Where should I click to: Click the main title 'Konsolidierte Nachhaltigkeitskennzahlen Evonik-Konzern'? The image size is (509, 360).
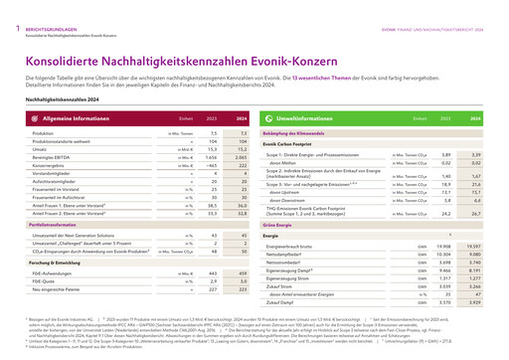point(167,42)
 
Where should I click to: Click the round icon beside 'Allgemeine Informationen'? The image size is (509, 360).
point(32,117)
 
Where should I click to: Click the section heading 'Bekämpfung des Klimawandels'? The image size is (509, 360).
point(294,132)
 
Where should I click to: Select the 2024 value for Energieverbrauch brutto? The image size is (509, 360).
point(473,245)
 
